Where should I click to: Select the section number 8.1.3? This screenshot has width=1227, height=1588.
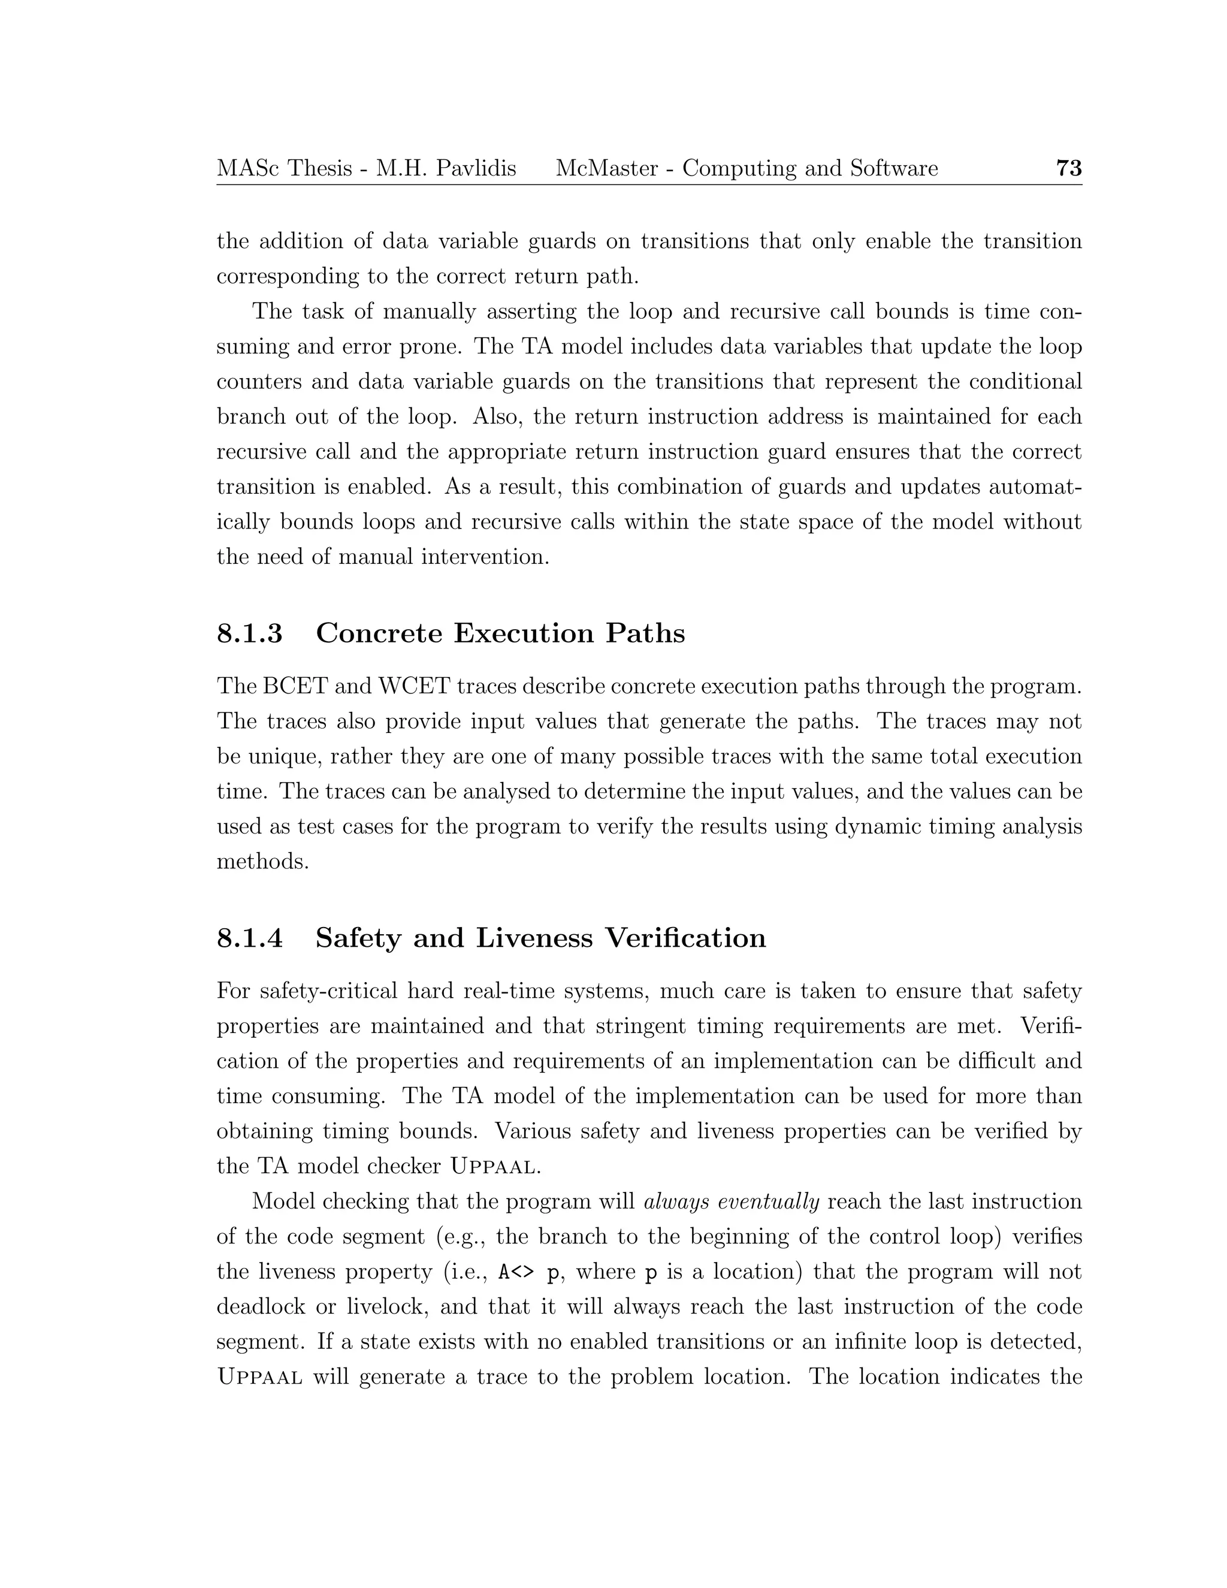[249, 633]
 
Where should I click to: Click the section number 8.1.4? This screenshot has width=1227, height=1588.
[249, 938]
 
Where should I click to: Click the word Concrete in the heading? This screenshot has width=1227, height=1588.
[379, 633]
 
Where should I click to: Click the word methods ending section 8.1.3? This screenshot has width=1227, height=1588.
[262, 862]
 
